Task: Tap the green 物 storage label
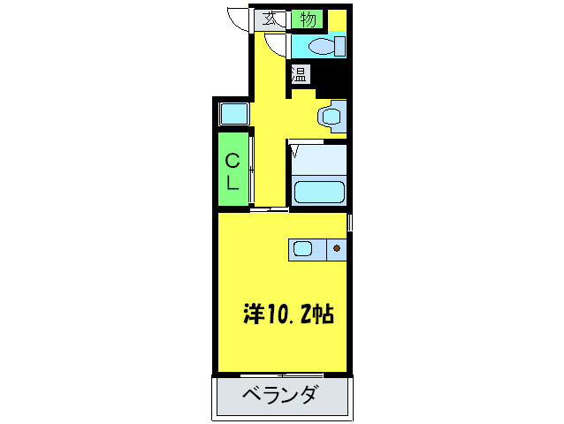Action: click(308, 19)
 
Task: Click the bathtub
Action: click(317, 191)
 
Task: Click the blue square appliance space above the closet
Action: click(233, 113)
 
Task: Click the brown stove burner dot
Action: click(337, 249)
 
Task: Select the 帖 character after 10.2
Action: click(323, 314)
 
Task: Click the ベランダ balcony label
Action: click(280, 394)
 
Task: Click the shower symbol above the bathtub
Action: click(295, 152)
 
